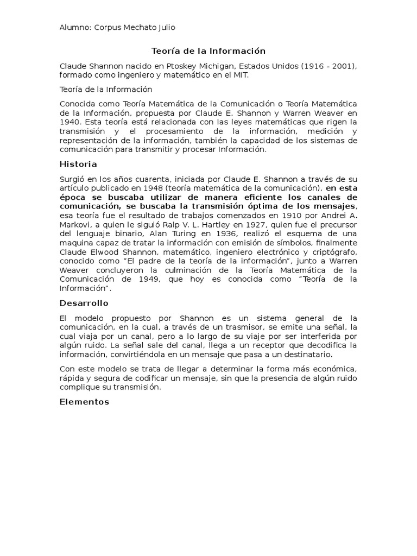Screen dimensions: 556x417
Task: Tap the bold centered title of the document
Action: click(208, 51)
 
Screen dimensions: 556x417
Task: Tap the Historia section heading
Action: click(78, 164)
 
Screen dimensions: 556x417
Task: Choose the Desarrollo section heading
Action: click(84, 303)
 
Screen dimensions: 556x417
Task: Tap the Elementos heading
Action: click(84, 402)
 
